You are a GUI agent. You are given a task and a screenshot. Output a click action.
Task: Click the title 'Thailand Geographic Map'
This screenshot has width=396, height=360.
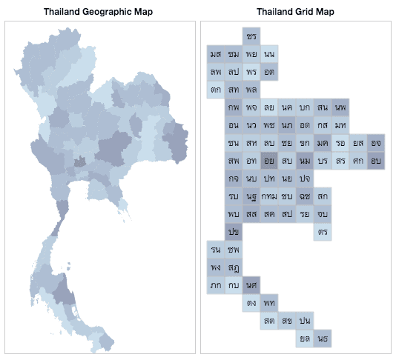pyautogui.click(x=99, y=12)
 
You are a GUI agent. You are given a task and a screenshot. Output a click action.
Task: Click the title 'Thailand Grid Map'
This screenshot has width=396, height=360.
pyautogui.click(x=294, y=12)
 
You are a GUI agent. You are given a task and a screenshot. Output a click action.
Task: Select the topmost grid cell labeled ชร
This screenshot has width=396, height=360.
pyautogui.click(x=251, y=36)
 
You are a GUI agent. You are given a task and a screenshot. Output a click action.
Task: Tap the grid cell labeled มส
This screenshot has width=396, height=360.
pyautogui.click(x=216, y=54)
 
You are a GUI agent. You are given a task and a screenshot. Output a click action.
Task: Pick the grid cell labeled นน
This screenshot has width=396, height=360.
pyautogui.click(x=269, y=54)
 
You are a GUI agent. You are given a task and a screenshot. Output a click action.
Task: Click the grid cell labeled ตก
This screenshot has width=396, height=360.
pyautogui.click(x=216, y=90)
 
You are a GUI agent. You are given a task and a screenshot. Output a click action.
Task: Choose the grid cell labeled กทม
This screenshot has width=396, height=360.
pyautogui.click(x=269, y=196)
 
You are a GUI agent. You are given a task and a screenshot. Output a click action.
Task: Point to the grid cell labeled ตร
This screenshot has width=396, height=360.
pyautogui.click(x=323, y=232)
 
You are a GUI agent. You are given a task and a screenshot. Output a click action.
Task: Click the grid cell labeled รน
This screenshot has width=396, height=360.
pyautogui.click(x=216, y=250)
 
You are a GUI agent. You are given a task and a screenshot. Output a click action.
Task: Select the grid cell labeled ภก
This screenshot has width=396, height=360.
pyautogui.click(x=216, y=285)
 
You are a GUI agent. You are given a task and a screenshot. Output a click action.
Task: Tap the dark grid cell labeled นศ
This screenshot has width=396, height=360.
pyautogui.click(x=251, y=285)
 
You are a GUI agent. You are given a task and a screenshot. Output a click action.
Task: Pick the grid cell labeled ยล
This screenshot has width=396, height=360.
pyautogui.click(x=305, y=339)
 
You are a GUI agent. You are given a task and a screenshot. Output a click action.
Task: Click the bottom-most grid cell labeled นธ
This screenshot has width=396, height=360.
pyautogui.click(x=323, y=339)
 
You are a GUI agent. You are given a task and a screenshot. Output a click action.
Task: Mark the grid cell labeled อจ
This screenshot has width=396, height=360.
pyautogui.click(x=376, y=143)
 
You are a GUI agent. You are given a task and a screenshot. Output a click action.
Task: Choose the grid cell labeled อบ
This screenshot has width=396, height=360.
pyautogui.click(x=376, y=161)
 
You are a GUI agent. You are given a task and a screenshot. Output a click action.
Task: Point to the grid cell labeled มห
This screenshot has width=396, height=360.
pyautogui.click(x=340, y=125)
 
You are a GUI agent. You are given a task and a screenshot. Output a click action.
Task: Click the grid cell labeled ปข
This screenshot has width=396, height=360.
pyautogui.click(x=234, y=232)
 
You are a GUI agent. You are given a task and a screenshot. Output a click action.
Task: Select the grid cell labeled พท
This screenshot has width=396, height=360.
pyautogui.click(x=269, y=303)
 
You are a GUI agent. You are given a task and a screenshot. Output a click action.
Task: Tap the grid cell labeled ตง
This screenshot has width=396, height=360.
pyautogui.click(x=251, y=303)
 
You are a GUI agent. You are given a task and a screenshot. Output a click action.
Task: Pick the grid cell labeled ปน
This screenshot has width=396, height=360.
pyautogui.click(x=305, y=321)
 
